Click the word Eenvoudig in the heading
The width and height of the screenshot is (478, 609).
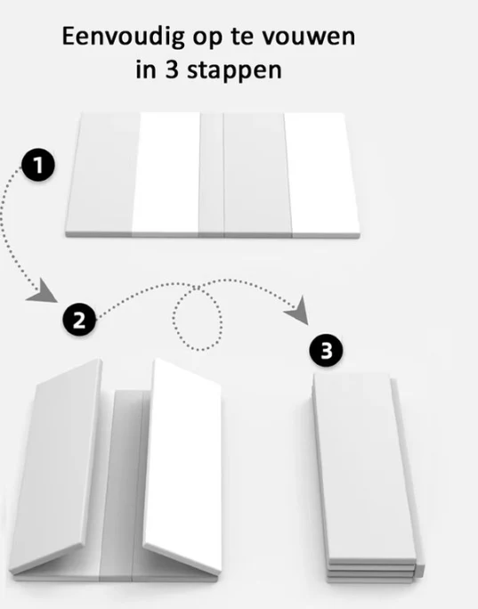tap(123, 37)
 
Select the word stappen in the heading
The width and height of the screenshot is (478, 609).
tap(234, 71)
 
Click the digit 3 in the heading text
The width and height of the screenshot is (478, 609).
tap(172, 70)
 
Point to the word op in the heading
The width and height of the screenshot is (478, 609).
tap(207, 39)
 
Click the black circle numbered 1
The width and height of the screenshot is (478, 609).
tap(38, 165)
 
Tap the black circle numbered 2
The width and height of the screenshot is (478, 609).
tap(79, 320)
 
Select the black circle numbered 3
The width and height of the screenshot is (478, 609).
tap(326, 350)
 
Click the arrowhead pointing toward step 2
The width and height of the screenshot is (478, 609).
tap(44, 292)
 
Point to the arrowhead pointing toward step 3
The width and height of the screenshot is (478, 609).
tap(299, 311)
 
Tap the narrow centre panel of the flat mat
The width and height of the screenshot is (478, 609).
tap(211, 174)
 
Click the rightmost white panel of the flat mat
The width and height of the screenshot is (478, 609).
tap(323, 174)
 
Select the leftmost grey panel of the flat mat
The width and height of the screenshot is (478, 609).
tap(103, 173)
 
